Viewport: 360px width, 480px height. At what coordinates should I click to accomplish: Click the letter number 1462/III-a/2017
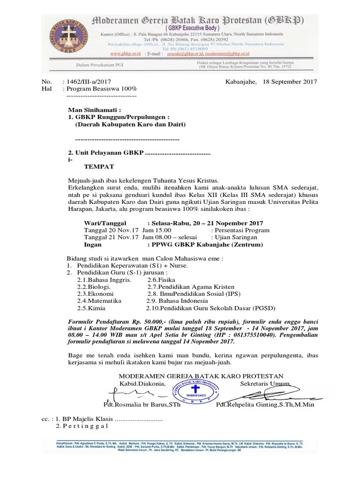point(90,81)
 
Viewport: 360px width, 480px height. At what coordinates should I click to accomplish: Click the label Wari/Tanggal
point(108,223)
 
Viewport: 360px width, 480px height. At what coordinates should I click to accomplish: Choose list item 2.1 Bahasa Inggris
point(104,279)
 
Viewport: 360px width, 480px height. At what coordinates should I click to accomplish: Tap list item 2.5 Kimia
point(91,308)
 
